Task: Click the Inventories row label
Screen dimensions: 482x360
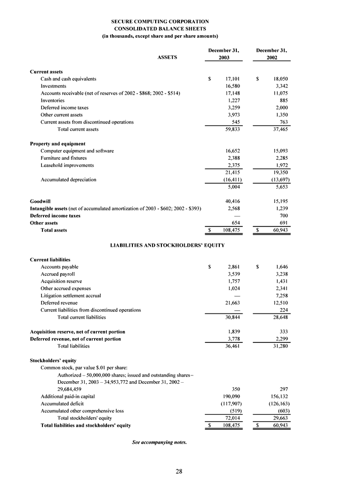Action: pyautogui.click(x=52, y=100)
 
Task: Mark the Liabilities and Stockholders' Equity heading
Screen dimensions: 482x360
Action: pyautogui.click(x=168, y=244)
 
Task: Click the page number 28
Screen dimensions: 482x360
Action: pyautogui.click(x=178, y=471)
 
